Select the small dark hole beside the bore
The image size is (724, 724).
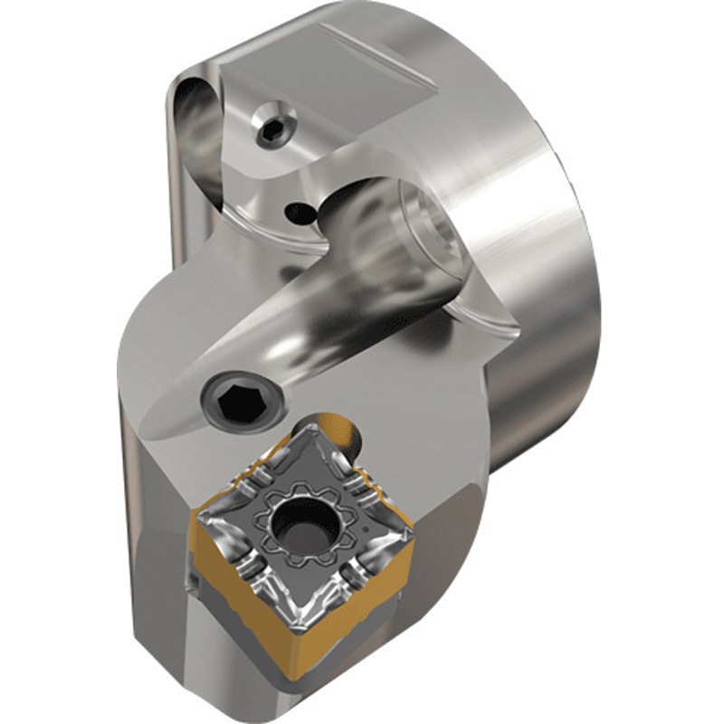click(295, 214)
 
